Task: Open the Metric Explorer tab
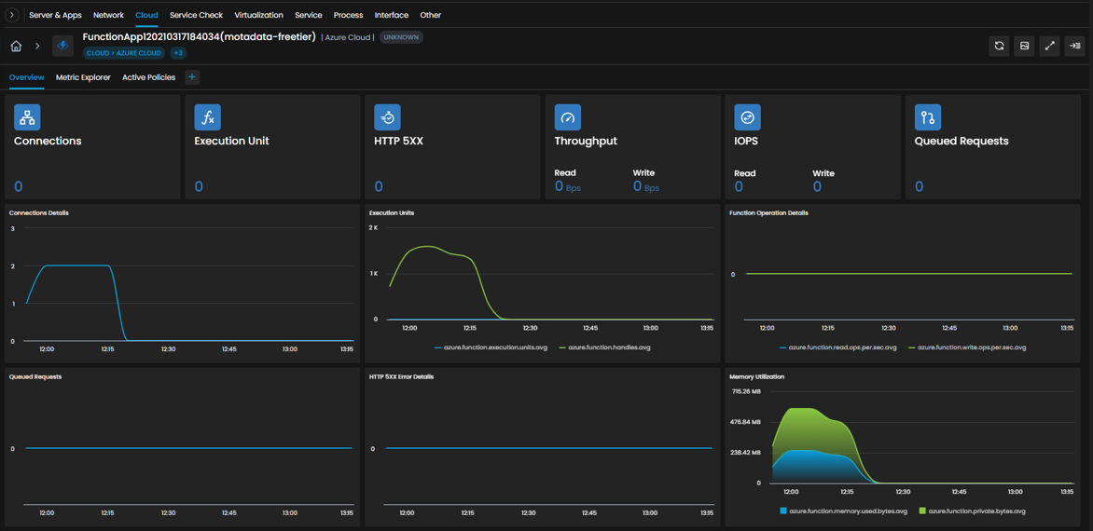[x=83, y=77]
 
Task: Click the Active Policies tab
[x=148, y=77]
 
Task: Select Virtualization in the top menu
[x=258, y=15]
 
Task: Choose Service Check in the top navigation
[x=196, y=15]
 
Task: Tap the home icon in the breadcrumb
[x=16, y=46]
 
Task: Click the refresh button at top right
[x=999, y=46]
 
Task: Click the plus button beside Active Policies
[x=192, y=77]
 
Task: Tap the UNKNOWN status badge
[x=401, y=37]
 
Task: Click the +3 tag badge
[x=178, y=53]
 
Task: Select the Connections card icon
[x=27, y=117]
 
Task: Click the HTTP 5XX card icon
[x=388, y=117]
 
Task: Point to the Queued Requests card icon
[x=928, y=117]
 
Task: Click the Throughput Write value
[x=645, y=186]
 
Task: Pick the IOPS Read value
[x=739, y=186]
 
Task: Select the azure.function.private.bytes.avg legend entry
[x=972, y=511]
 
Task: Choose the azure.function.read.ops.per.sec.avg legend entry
[x=838, y=347]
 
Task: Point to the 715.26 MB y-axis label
[x=746, y=392]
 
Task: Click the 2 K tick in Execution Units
[x=373, y=227]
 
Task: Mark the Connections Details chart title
[x=39, y=212]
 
